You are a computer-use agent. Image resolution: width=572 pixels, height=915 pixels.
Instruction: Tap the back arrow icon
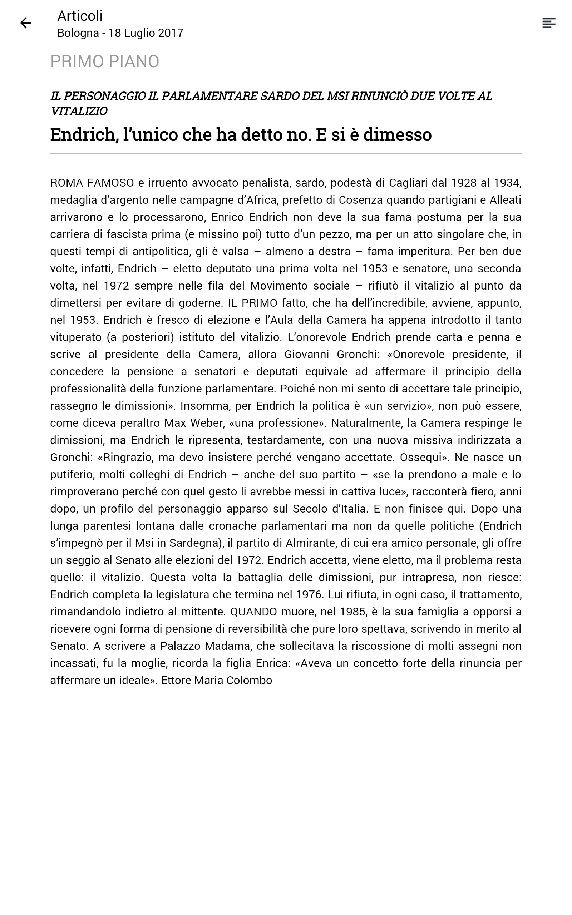point(26,23)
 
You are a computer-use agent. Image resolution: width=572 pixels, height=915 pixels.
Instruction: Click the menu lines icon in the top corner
point(548,23)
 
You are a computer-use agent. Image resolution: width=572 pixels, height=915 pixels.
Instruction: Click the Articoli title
point(80,16)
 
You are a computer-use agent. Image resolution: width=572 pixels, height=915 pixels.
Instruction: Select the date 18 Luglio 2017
point(146,33)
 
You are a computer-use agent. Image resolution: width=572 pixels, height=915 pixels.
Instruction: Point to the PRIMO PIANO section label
point(104,61)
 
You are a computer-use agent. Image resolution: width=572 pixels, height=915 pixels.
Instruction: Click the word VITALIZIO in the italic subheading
point(79,111)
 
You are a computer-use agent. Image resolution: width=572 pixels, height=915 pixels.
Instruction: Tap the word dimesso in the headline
point(397,135)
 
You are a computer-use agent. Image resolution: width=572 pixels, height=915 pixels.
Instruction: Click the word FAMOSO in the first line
point(110,183)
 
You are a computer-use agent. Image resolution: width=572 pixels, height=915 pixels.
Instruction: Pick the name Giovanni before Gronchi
point(307,355)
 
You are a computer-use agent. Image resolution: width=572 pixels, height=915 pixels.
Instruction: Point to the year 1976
point(308,595)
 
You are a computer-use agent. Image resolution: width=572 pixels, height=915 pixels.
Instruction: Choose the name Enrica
point(271,663)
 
